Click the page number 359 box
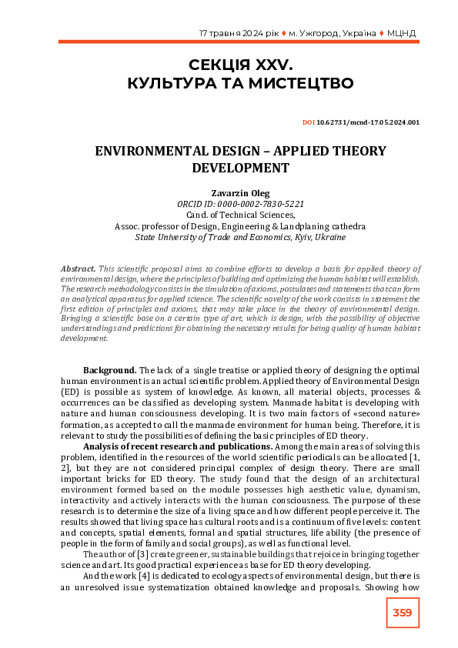click(x=402, y=613)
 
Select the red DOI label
click(x=309, y=122)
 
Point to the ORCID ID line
click(x=229, y=205)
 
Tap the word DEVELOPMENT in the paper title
click(x=229, y=167)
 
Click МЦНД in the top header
click(x=402, y=34)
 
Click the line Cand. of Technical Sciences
click(x=229, y=216)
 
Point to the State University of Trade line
click(x=229, y=238)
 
